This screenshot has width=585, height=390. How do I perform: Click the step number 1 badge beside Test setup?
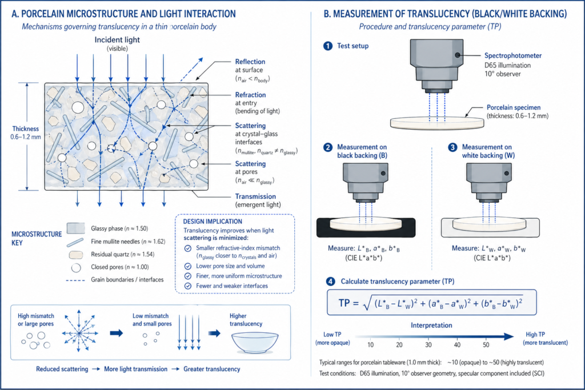coord(327,46)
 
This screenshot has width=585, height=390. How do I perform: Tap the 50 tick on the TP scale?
coord(486,345)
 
